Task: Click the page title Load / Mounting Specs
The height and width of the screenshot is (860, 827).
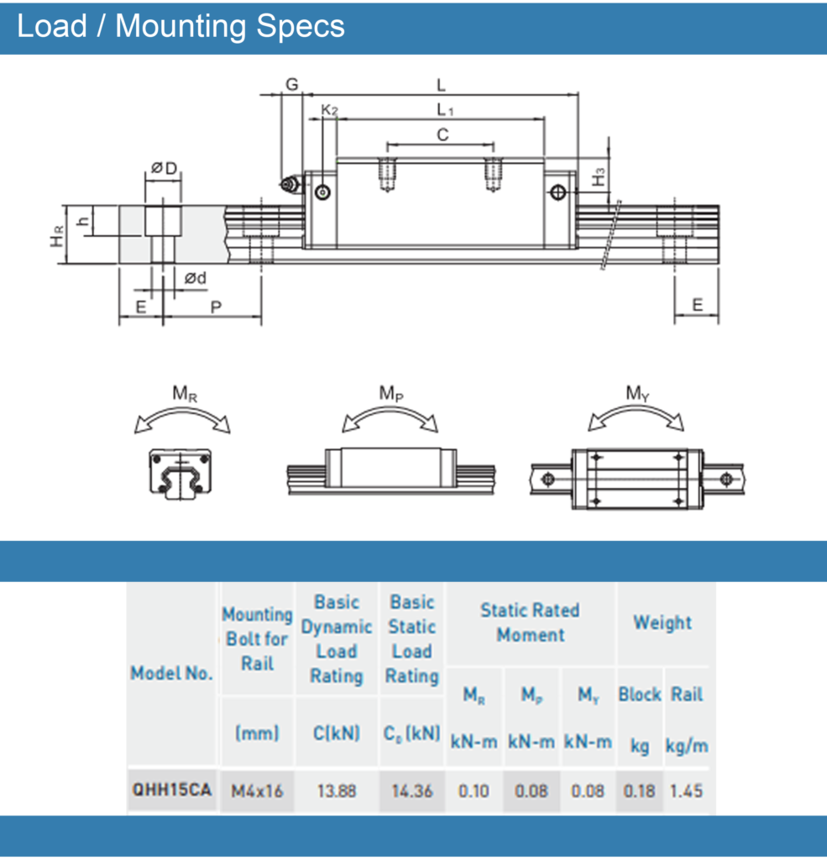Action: pyautogui.click(x=181, y=26)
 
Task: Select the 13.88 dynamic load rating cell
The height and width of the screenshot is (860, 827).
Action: pyautogui.click(x=336, y=790)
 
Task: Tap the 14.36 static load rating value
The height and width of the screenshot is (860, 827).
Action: pyautogui.click(x=411, y=790)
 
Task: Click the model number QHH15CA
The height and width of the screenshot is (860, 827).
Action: pyautogui.click(x=172, y=790)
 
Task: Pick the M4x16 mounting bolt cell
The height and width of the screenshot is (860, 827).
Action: pyautogui.click(x=257, y=790)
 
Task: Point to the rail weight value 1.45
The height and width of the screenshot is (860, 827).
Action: pyautogui.click(x=686, y=790)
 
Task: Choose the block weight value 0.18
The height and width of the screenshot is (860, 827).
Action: pyautogui.click(x=639, y=790)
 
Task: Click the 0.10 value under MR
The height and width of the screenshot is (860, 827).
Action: pyautogui.click(x=474, y=790)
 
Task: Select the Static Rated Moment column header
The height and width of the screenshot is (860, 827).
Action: pyautogui.click(x=530, y=622)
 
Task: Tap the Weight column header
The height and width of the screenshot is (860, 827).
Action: pyautogui.click(x=662, y=622)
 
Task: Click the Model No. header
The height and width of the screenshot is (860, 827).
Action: pyautogui.click(x=172, y=673)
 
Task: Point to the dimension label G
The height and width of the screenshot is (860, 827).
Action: pyautogui.click(x=292, y=85)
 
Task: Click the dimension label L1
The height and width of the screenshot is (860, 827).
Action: pyautogui.click(x=445, y=109)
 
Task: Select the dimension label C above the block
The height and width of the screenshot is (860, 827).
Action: pyautogui.click(x=442, y=134)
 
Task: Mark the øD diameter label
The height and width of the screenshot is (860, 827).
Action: pyautogui.click(x=164, y=170)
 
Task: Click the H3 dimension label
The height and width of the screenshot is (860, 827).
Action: pyautogui.click(x=599, y=177)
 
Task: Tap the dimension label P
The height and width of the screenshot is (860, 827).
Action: pyautogui.click(x=215, y=307)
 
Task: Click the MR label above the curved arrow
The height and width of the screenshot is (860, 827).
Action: pyautogui.click(x=185, y=393)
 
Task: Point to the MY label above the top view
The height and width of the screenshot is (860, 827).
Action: pyautogui.click(x=638, y=393)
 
